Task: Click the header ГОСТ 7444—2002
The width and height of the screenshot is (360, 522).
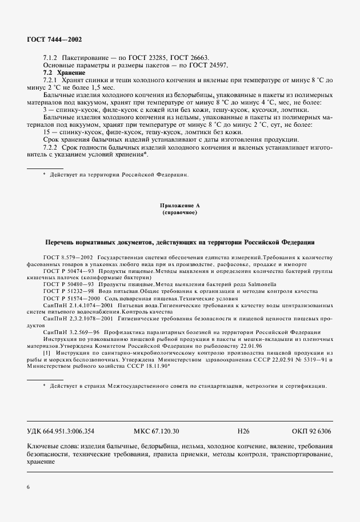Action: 54,39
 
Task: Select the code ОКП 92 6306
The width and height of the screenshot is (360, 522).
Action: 311,431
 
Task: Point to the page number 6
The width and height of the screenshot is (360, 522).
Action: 29,486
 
